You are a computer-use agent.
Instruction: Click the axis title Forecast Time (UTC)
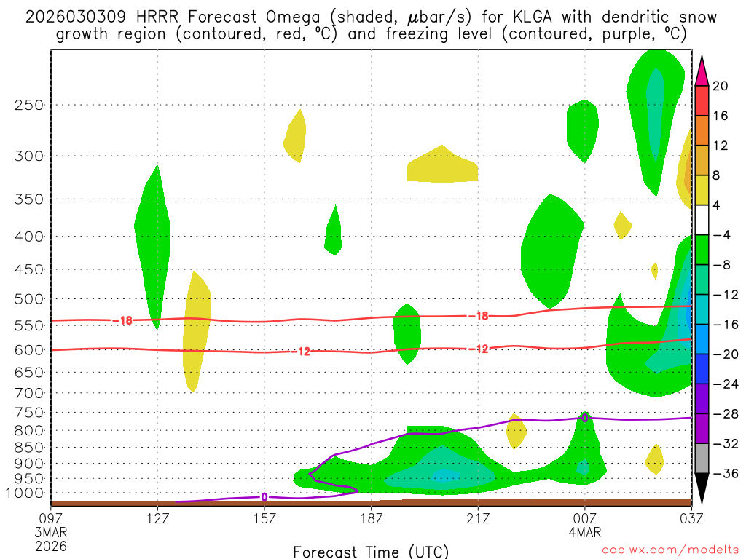coord(371,551)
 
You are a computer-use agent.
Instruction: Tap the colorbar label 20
coord(720,86)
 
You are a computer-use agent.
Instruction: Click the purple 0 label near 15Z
coord(264,497)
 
